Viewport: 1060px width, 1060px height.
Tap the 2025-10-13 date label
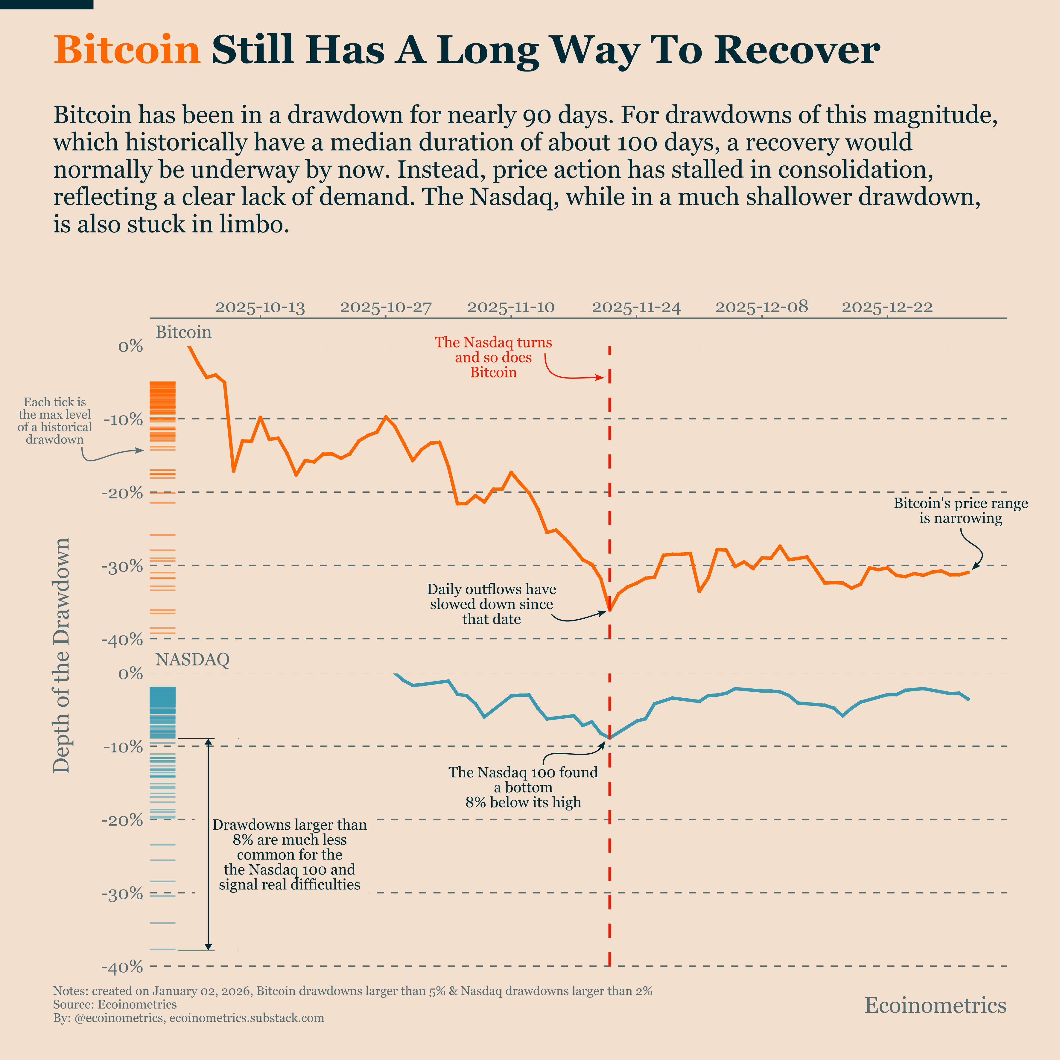click(260, 307)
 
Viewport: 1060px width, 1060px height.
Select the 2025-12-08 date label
click(761, 307)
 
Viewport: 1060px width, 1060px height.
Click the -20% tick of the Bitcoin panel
click(122, 493)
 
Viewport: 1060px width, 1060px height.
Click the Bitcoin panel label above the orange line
click(183, 332)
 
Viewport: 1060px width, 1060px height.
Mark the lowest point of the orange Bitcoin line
click(609, 610)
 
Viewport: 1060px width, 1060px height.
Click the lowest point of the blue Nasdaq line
click(609, 738)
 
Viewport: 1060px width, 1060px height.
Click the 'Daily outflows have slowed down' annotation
click(492, 604)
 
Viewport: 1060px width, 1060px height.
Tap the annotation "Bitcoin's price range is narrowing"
click(961, 511)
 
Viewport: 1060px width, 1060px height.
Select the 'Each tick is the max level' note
click(55, 421)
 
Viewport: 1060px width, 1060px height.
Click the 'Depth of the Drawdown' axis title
click(61, 655)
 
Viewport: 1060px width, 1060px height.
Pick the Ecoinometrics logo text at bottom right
click(936, 1005)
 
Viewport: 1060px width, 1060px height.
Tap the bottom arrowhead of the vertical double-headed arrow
click(208, 946)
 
